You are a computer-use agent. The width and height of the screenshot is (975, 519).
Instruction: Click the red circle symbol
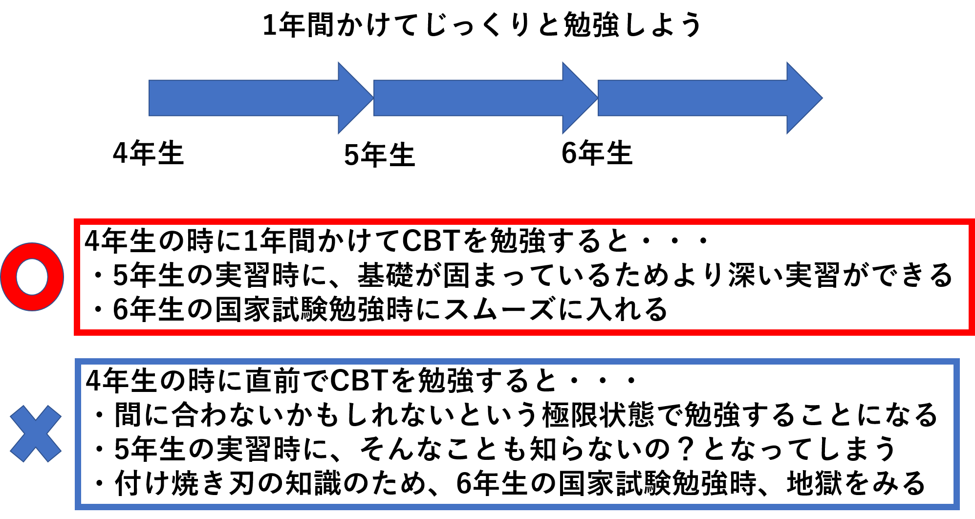pos(32,277)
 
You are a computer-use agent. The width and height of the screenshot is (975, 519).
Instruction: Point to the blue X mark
pos(36,434)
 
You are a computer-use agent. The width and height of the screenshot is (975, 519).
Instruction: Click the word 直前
pos(273,381)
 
